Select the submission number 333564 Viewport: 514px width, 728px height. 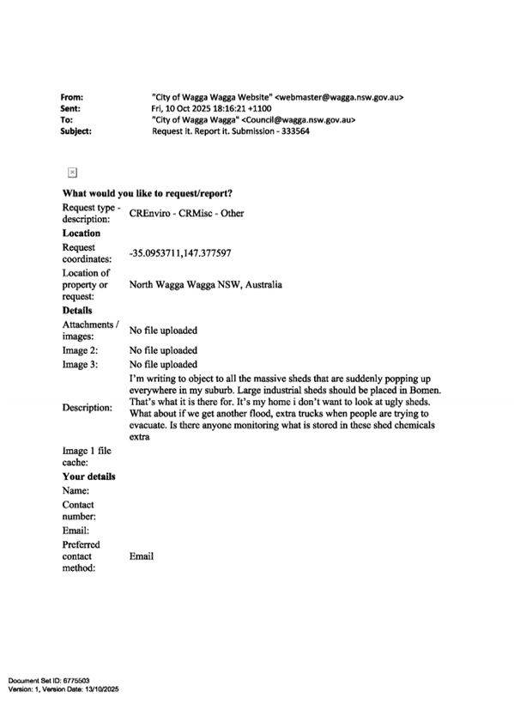pyautogui.click(x=295, y=131)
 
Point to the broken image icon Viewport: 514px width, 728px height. pyautogui.click(x=72, y=173)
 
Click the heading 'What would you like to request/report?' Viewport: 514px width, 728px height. pyautogui.click(x=148, y=193)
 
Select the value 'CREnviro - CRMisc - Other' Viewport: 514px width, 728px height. pyautogui.click(x=186, y=213)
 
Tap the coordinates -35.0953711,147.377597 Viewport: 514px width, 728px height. pyautogui.click(x=180, y=253)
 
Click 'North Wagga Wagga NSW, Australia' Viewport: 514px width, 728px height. pyautogui.click(x=205, y=285)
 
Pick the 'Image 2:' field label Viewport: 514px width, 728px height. pyautogui.click(x=81, y=350)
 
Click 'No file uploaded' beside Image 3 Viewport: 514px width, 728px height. pyautogui.click(x=163, y=365)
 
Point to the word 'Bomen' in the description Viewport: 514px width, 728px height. pyautogui.click(x=425, y=390)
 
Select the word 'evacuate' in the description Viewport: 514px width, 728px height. pyautogui.click(x=147, y=425)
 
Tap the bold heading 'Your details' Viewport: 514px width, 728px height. pyautogui.click(x=89, y=476)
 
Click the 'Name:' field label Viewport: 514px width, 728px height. pyautogui.click(x=76, y=491)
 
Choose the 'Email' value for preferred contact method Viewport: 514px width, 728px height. pyautogui.click(x=142, y=556)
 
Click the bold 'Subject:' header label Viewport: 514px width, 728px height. pyautogui.click(x=76, y=131)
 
